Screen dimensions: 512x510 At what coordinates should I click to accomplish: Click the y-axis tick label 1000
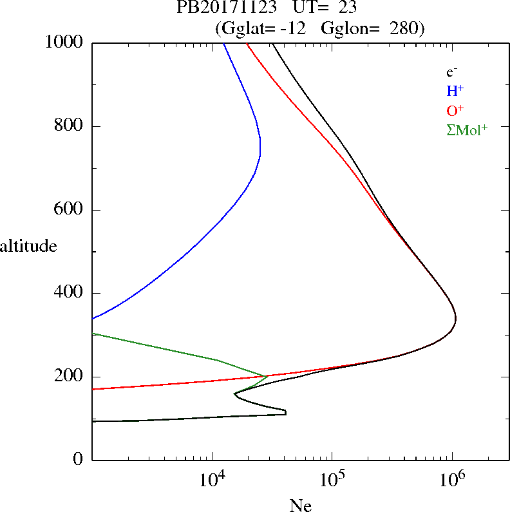pos(64,43)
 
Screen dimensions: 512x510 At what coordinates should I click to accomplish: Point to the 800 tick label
pos(70,126)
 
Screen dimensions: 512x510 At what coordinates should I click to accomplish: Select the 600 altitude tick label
pos(70,210)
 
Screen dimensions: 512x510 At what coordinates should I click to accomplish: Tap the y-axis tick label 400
pos(70,293)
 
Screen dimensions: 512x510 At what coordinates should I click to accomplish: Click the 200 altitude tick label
pos(70,377)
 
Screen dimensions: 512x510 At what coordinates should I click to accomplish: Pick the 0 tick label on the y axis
pos(79,460)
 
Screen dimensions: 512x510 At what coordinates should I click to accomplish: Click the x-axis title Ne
pos(301,506)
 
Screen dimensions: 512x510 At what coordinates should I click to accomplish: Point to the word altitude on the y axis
pos(28,246)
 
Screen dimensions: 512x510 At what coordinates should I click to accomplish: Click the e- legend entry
pos(451,72)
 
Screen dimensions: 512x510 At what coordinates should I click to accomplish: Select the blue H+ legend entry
pos(455,91)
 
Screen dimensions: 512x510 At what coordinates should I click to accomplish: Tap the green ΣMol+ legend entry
pos(466,129)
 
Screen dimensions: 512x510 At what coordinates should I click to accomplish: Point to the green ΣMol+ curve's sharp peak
pos(267,376)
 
